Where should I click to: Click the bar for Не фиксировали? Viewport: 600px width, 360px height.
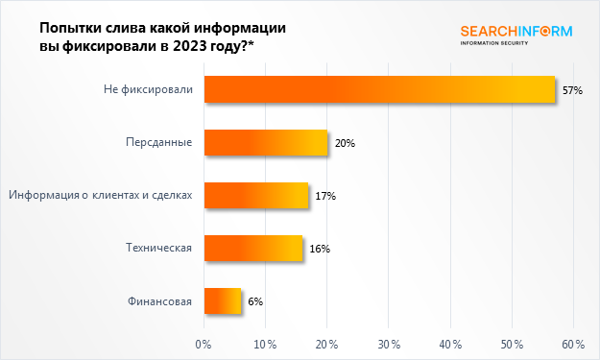379,90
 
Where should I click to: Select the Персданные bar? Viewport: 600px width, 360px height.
266,143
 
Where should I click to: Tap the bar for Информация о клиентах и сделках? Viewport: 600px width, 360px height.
256,196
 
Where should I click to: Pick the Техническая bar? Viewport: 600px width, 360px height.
253,249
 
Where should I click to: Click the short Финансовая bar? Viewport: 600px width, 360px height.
223,301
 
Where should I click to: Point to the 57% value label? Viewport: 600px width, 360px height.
573,90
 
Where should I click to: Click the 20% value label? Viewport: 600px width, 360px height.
346,143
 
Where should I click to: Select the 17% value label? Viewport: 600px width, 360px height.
324,196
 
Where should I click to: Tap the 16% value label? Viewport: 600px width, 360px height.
320,249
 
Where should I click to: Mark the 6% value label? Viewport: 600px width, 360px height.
255,301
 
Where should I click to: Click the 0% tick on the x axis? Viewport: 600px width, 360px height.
204,344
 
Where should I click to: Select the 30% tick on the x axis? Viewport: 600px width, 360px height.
388,344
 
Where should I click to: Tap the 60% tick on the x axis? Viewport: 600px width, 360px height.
573,344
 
